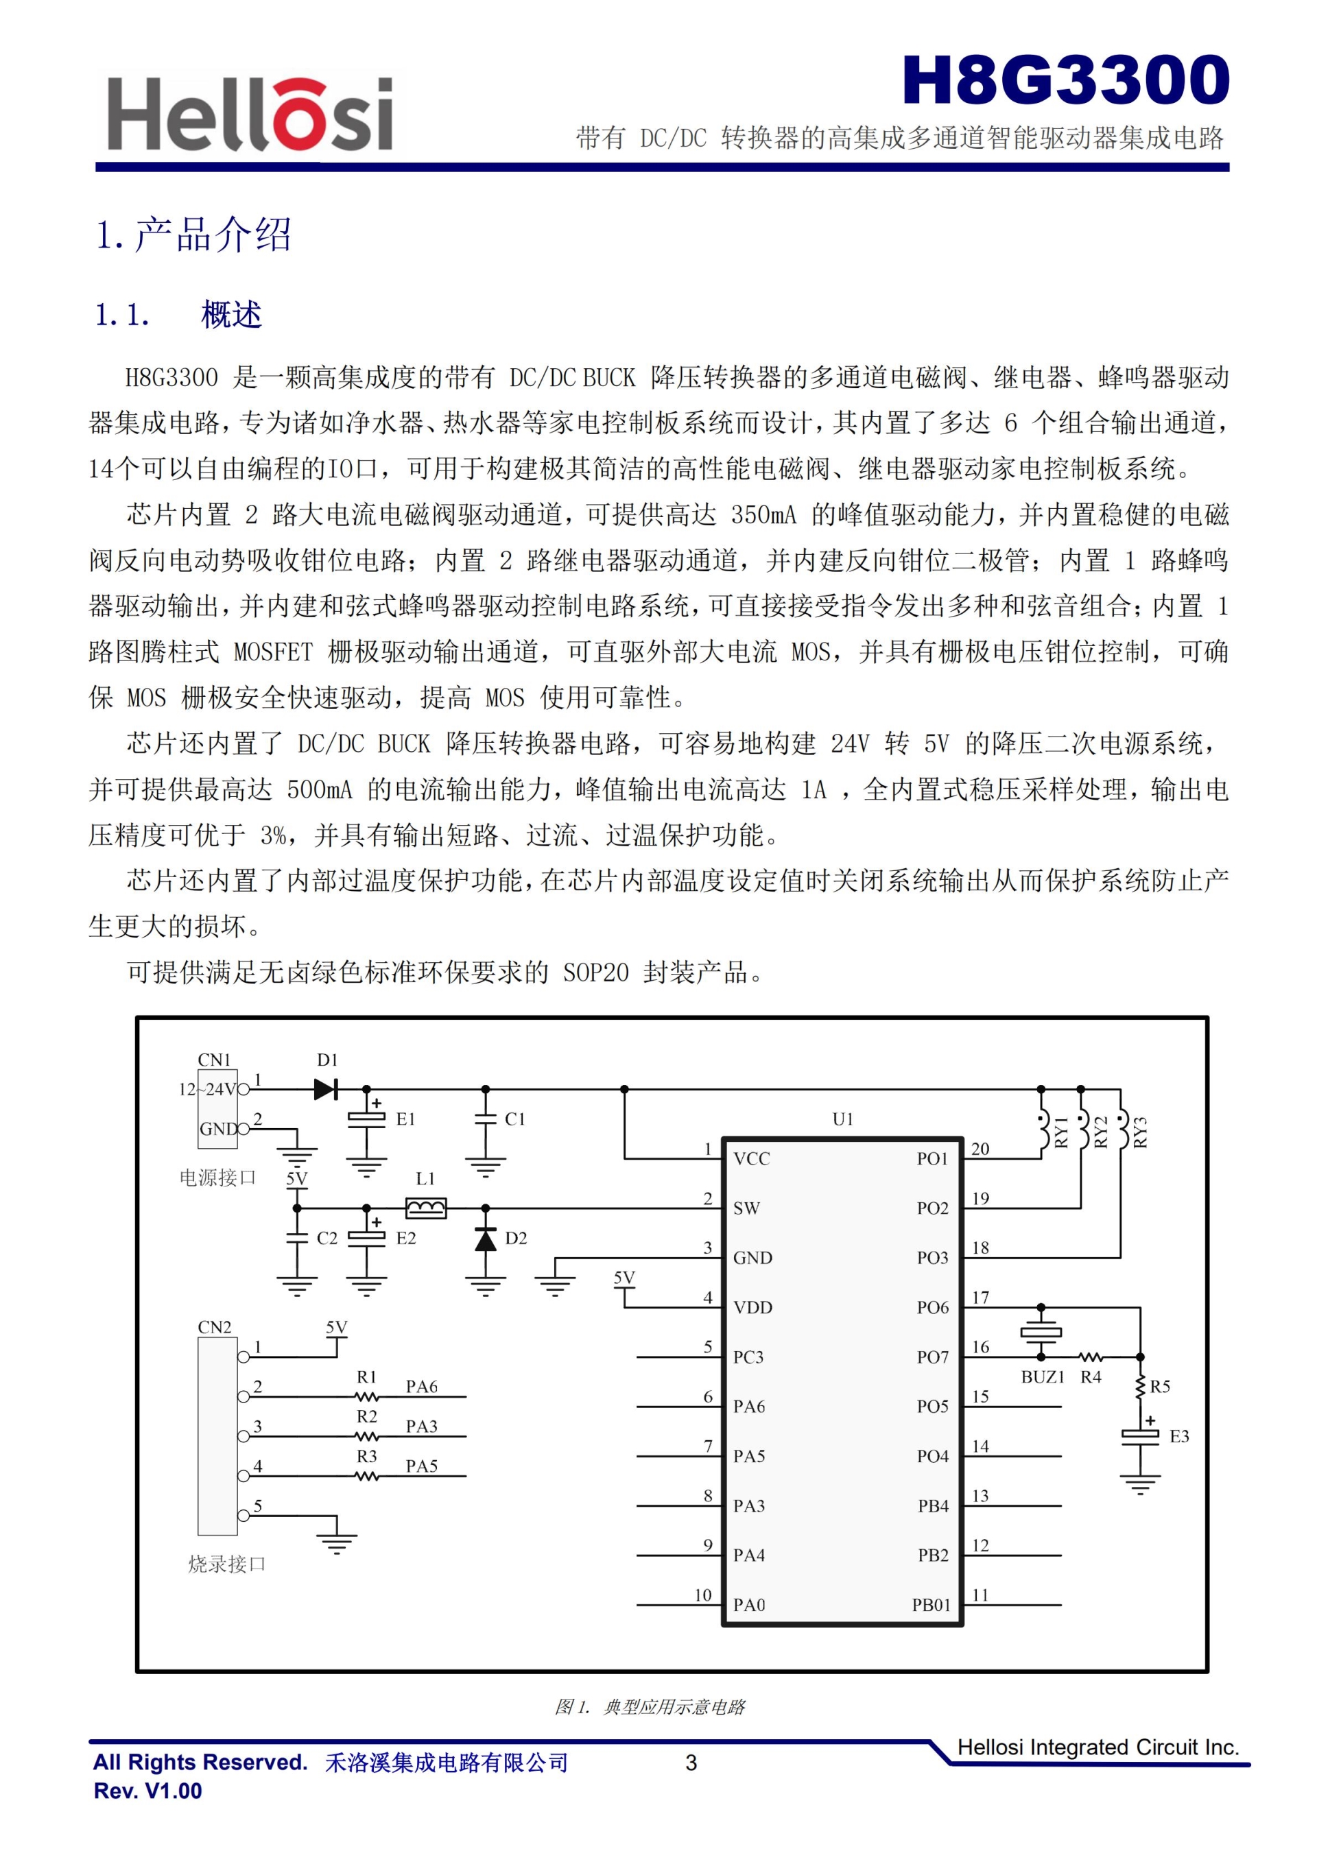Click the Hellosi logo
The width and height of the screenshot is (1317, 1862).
[x=250, y=115]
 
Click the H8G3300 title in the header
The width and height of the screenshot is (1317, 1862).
[x=1065, y=80]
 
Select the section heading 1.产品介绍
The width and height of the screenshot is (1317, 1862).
[x=193, y=235]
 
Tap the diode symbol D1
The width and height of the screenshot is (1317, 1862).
[x=325, y=1089]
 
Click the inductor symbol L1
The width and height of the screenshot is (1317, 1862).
[x=426, y=1208]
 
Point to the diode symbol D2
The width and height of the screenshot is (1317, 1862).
[x=485, y=1240]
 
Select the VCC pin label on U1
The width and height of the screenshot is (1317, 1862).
[x=752, y=1159]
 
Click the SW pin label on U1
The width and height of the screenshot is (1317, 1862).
[x=746, y=1208]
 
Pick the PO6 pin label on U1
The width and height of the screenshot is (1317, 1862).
[x=933, y=1307]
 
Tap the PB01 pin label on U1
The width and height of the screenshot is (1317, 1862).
[x=930, y=1605]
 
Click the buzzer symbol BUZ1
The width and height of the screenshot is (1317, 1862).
[x=1041, y=1333]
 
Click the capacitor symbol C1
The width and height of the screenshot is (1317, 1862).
[x=485, y=1119]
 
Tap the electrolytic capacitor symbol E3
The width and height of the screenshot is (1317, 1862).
[x=1139, y=1435]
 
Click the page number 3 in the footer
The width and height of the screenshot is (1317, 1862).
[x=691, y=1763]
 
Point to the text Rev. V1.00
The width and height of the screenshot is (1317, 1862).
[x=147, y=1791]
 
